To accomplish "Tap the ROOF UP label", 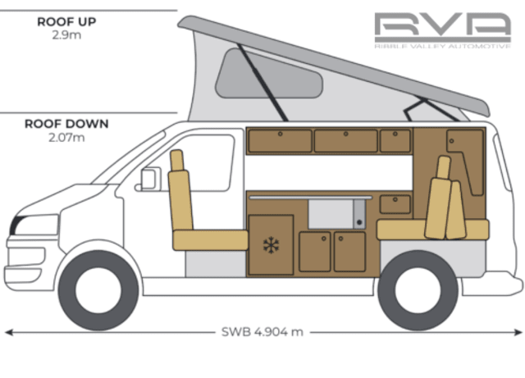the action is point(66,22).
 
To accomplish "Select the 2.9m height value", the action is point(66,35).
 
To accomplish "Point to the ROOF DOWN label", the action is point(66,125).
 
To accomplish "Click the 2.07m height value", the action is point(66,138).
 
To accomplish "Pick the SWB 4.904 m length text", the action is point(262,332).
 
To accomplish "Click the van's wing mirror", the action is point(149,179).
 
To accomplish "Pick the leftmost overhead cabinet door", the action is point(280,140).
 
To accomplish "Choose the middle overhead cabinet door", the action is point(345,140).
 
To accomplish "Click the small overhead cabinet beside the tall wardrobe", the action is point(395,140).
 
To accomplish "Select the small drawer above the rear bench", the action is point(395,203).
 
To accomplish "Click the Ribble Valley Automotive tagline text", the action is point(442,47).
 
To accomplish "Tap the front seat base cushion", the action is point(210,239).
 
